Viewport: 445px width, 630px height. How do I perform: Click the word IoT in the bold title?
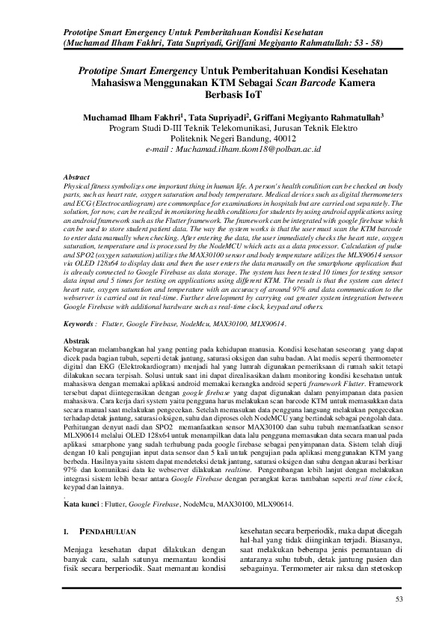point(222,95)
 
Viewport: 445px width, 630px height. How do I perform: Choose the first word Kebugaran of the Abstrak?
point(84,349)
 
